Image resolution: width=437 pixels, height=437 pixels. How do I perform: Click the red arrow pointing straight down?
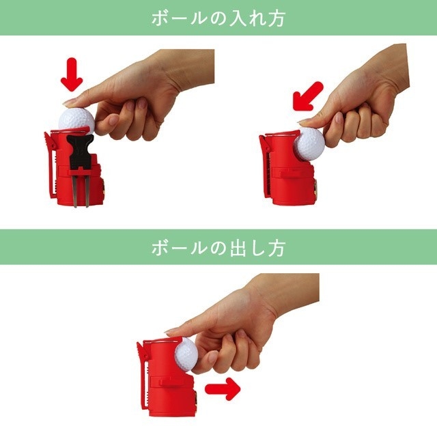coord(72,75)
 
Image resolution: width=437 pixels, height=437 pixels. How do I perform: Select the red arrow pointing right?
coord(223,391)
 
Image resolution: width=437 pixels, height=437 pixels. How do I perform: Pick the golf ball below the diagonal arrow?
coord(309,143)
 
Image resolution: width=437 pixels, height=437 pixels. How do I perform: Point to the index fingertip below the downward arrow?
coord(70,102)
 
